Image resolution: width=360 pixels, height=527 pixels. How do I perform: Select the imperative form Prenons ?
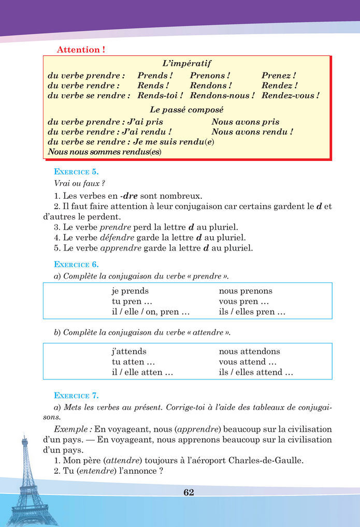[210, 76]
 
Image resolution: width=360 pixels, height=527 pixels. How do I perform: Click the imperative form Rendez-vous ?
[290, 96]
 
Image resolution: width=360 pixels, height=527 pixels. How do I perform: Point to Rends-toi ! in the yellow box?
[160, 96]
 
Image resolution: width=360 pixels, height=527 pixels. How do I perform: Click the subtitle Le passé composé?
[186, 110]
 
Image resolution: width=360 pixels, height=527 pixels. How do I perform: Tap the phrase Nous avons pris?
[245, 122]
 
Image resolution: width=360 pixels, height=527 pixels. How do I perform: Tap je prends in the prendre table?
[130, 291]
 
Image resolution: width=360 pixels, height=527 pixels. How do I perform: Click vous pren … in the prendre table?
[243, 301]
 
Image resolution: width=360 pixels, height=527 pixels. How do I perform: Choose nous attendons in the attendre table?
[249, 352]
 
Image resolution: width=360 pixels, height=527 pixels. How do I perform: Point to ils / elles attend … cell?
[256, 372]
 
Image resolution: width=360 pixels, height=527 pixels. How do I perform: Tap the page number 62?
[189, 492]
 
